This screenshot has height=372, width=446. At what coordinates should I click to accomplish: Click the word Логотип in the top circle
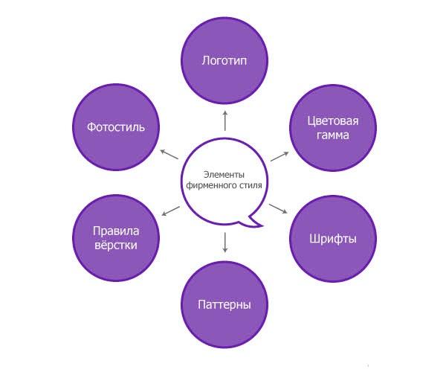tap(224, 60)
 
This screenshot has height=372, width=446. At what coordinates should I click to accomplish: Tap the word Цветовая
tap(333, 121)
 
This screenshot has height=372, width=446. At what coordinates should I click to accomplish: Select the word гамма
tap(333, 135)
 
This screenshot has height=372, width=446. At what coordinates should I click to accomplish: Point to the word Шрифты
tap(333, 239)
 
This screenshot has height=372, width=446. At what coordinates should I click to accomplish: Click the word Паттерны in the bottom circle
tap(224, 304)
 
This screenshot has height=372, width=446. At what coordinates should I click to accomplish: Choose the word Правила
tap(116, 231)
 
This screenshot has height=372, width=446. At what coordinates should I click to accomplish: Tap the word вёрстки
tap(116, 245)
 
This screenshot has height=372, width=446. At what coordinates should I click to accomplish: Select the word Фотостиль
tap(116, 127)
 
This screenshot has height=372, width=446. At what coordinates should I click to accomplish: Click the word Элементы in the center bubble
tap(224, 175)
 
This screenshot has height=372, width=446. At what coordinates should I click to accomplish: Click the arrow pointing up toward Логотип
tap(225, 121)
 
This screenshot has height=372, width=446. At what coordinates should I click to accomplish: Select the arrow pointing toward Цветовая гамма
tap(279, 156)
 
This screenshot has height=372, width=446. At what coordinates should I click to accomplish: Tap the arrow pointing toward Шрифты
tap(278, 208)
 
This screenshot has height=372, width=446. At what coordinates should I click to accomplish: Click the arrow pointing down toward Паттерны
tap(225, 243)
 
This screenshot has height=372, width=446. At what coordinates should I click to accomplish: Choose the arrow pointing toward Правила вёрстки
tap(171, 211)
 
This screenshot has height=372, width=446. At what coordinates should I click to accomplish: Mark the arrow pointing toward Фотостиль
tap(169, 154)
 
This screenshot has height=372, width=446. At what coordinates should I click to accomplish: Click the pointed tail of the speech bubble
tap(262, 226)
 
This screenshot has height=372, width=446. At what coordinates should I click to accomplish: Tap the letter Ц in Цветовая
tap(311, 121)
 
